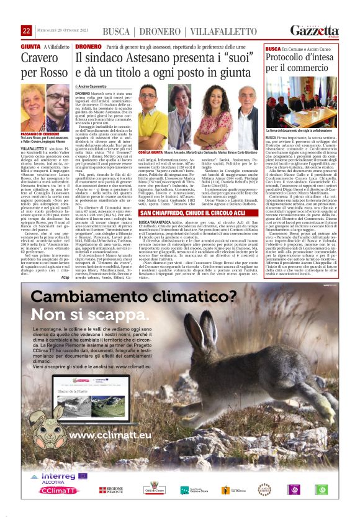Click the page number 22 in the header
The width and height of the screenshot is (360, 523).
(x=26, y=30)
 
